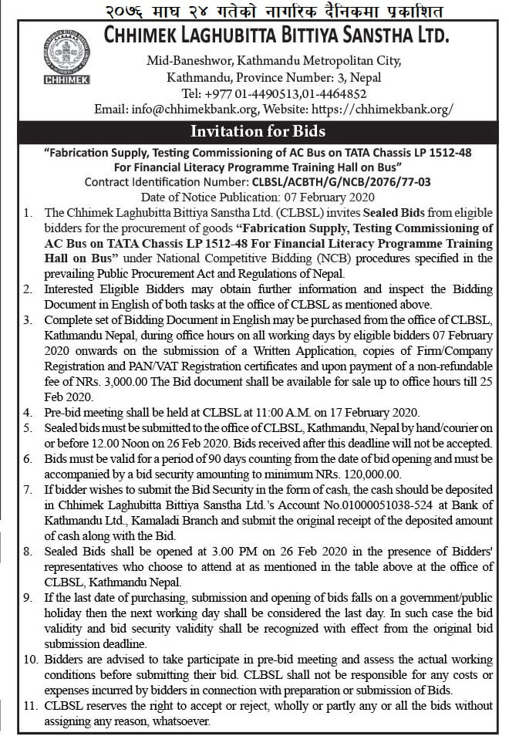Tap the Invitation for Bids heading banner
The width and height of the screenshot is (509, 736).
[x=258, y=130]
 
